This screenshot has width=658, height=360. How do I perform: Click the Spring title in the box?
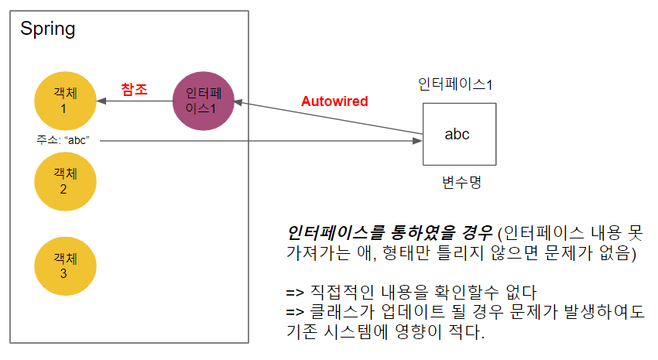point(47,29)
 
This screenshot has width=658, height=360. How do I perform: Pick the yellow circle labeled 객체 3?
point(66,266)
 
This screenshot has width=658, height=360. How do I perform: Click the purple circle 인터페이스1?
point(204,101)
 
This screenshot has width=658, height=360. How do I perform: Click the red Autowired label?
point(334,101)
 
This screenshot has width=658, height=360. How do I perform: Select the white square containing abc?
point(459,134)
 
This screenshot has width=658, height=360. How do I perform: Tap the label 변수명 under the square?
point(461,182)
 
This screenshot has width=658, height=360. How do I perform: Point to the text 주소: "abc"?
point(64,140)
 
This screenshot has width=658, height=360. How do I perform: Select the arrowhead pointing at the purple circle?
point(239,101)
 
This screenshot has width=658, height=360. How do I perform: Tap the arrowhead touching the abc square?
point(419,140)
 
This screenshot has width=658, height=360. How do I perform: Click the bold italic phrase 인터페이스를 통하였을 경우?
point(390,231)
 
